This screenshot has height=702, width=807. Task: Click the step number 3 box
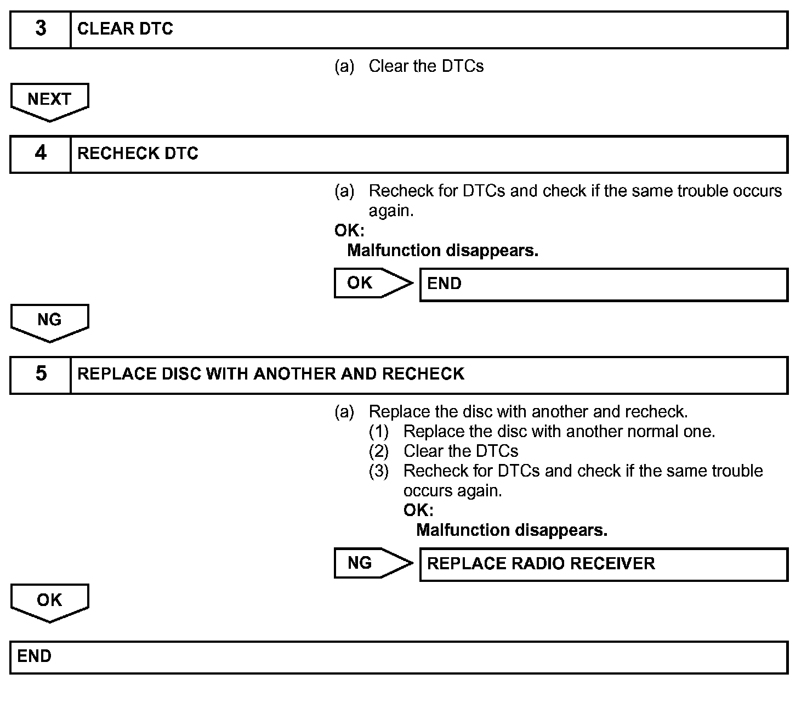click(x=41, y=29)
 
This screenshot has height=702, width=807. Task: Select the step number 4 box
click(x=41, y=154)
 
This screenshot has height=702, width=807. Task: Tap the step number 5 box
click(x=41, y=375)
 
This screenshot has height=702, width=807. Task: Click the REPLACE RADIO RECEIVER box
click(x=603, y=564)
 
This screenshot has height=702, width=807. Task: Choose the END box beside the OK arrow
click(x=603, y=284)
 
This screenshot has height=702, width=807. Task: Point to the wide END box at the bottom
click(x=399, y=657)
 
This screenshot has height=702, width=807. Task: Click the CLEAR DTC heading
click(x=125, y=29)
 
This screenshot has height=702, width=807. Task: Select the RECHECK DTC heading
click(x=138, y=154)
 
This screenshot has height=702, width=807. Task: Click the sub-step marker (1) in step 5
click(x=379, y=432)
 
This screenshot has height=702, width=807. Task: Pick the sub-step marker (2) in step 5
click(x=379, y=451)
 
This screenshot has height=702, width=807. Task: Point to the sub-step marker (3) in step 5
click(x=379, y=471)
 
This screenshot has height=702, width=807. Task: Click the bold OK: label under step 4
click(x=349, y=230)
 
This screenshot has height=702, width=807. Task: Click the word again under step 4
click(x=390, y=211)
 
